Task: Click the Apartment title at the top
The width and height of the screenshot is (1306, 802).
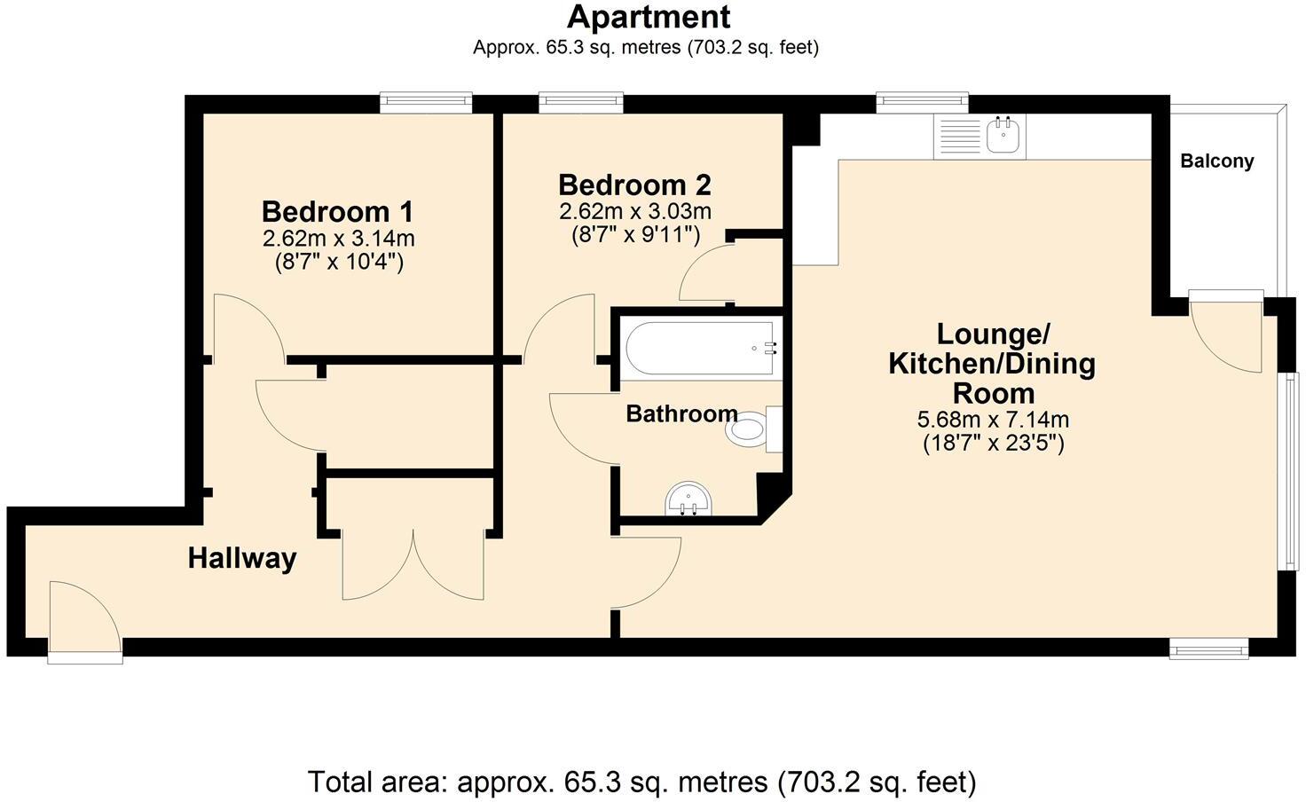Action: coord(649,17)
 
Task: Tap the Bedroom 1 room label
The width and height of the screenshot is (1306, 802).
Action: coord(337,212)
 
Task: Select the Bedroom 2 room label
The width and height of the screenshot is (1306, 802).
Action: coord(634,185)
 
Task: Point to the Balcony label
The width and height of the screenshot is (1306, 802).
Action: coord(1217,161)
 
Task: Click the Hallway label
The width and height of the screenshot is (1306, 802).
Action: coord(242,559)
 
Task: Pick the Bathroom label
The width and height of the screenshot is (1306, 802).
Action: coord(681,413)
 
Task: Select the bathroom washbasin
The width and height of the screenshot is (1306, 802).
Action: coord(689,499)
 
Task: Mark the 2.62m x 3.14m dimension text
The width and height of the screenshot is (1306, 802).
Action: coord(338,239)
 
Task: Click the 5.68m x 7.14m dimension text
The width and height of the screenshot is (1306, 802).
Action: coord(993,419)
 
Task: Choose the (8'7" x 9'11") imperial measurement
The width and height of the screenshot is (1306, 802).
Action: coord(634,235)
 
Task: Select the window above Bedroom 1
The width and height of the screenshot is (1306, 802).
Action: coord(426,103)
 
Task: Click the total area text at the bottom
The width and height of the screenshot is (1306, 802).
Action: coord(641,782)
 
